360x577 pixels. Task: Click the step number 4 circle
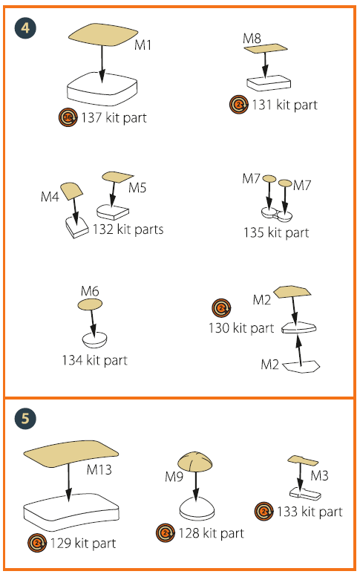pyautogui.click(x=25, y=28)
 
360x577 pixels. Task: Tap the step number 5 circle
pyautogui.click(x=25, y=418)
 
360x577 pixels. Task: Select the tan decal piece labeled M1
pyautogui.click(x=103, y=35)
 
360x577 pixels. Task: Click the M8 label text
pyautogui.click(x=252, y=39)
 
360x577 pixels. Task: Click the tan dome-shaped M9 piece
pyautogui.click(x=195, y=461)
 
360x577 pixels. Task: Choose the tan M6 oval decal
pyautogui.click(x=90, y=304)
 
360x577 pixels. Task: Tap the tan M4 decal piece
pyautogui.click(x=71, y=192)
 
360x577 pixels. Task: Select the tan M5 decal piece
pyautogui.click(x=117, y=177)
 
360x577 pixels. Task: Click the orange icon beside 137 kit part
pyautogui.click(x=68, y=118)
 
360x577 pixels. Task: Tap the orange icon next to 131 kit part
pyautogui.click(x=239, y=105)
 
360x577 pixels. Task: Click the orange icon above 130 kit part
pyautogui.click(x=221, y=307)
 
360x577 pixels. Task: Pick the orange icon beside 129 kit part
pyautogui.click(x=37, y=543)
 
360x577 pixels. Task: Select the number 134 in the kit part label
pyautogui.click(x=72, y=360)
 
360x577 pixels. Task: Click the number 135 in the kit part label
pyautogui.click(x=253, y=232)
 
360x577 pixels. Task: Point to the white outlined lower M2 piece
pyautogui.click(x=301, y=367)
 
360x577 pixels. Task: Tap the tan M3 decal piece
pyautogui.click(x=303, y=460)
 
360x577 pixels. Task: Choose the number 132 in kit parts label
pyautogui.click(x=103, y=229)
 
